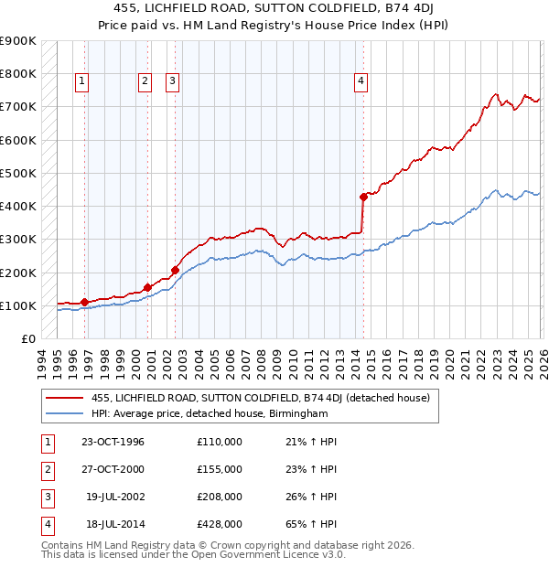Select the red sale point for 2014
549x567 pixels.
click(x=363, y=196)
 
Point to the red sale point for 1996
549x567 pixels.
click(x=84, y=302)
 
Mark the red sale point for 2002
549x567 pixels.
click(x=175, y=270)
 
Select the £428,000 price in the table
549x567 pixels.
click(x=220, y=524)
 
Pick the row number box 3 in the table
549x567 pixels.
click(x=47, y=497)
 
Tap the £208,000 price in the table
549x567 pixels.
click(x=220, y=497)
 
